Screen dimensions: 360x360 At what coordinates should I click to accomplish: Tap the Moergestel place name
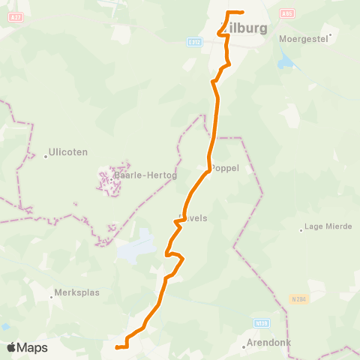tap(304, 37)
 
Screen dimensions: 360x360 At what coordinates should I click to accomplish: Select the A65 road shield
tap(286, 13)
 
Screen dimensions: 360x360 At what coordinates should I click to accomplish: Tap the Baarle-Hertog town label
tap(135, 176)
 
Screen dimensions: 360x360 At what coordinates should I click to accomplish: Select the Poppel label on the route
tap(225, 169)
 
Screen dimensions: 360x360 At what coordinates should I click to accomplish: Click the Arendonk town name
tap(269, 345)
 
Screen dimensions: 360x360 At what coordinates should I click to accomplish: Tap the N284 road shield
tap(299, 298)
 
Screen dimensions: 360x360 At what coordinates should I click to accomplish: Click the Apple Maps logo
tap(27, 347)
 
